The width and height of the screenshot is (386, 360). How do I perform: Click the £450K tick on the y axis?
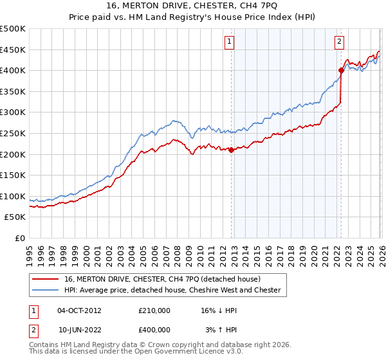click(12, 50)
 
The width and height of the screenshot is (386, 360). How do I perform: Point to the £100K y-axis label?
click(12, 196)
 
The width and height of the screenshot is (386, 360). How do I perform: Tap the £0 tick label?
click(19, 238)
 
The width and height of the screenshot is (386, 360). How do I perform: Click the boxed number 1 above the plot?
click(230, 42)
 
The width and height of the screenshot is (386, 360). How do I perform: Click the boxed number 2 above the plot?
click(339, 42)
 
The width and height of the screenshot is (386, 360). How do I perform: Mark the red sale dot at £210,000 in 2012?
click(231, 150)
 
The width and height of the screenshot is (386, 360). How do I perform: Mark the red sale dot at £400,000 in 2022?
click(341, 71)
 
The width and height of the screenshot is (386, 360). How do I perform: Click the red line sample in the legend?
click(46, 279)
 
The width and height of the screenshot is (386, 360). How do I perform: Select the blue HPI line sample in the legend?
click(46, 290)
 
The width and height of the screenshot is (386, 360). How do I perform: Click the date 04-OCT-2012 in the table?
click(79, 310)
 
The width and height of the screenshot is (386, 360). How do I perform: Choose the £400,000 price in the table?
click(154, 329)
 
